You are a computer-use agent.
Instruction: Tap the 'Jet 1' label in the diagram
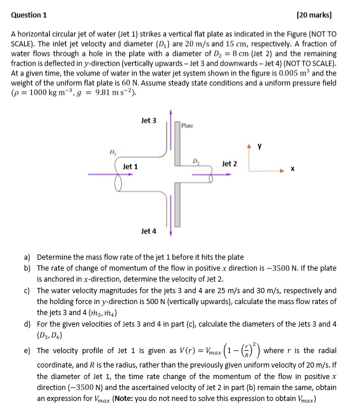click(x=130, y=167)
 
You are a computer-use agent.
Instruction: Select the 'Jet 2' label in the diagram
click(x=229, y=164)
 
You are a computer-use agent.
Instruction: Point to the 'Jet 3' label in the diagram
click(x=148, y=121)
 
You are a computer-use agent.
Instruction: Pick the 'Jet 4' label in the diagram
click(x=148, y=231)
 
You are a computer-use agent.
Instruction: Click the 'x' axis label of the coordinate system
click(x=292, y=169)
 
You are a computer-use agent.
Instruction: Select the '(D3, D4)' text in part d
click(x=48, y=334)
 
